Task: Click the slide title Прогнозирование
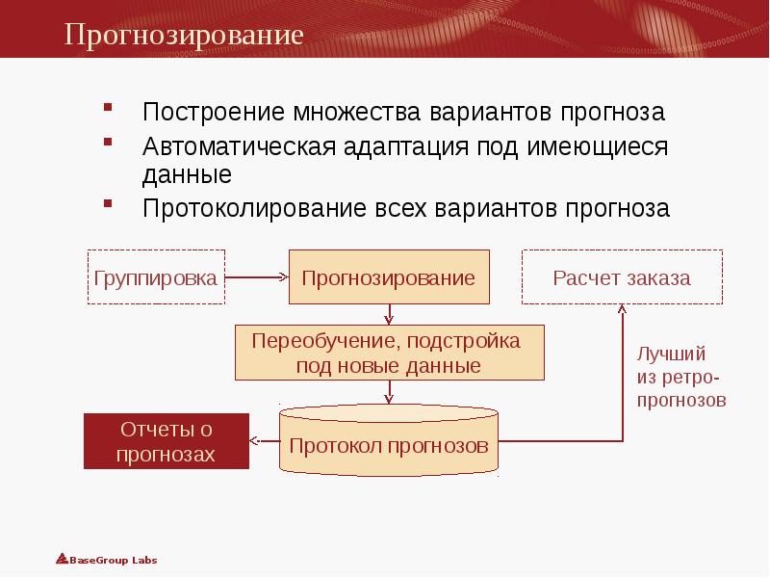[x=184, y=36]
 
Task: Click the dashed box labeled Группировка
[x=156, y=277]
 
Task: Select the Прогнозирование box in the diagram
[x=389, y=277]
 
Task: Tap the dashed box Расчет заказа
[x=622, y=277]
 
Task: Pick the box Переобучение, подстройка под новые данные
[x=389, y=353]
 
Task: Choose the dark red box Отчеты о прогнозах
[x=166, y=441]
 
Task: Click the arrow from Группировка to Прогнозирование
[x=257, y=277]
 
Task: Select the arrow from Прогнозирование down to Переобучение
[x=389, y=315]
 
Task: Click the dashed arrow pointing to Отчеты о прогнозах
[x=264, y=441]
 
